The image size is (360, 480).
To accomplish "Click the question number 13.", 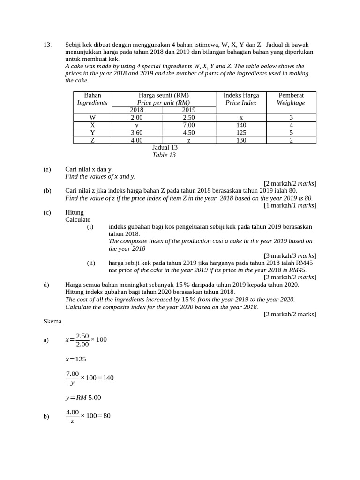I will pyautogui.click(x=47, y=45).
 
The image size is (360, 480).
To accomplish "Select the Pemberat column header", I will pyautogui.click(x=291, y=95).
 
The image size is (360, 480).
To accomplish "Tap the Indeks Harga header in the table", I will pyautogui.click(x=241, y=95).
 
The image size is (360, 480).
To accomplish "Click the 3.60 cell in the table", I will pyautogui.click(x=136, y=133).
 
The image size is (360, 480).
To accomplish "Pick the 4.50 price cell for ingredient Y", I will pyautogui.click(x=188, y=133).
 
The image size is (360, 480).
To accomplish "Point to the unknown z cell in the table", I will pyautogui.click(x=188, y=140).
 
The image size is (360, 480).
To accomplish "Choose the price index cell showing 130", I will pyautogui.click(x=241, y=140).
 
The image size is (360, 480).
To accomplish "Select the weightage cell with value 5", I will pyautogui.click(x=291, y=133).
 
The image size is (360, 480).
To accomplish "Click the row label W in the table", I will pyautogui.click(x=92, y=118).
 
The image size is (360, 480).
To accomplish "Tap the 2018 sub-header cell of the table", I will pyautogui.click(x=136, y=110).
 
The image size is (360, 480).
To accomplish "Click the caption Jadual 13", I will pyautogui.click(x=165, y=147).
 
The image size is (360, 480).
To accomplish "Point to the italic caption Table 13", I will pyautogui.click(x=164, y=155).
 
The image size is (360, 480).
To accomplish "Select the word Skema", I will pyautogui.click(x=52, y=321).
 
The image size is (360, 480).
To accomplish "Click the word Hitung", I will pyautogui.click(x=75, y=212).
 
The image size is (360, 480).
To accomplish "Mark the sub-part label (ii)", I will pyautogui.click(x=91, y=263).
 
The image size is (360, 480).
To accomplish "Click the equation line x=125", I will pyautogui.click(x=75, y=359).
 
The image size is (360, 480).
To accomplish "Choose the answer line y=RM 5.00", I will pyautogui.click(x=83, y=397).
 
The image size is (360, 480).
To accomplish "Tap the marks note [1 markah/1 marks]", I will pyautogui.click(x=290, y=205).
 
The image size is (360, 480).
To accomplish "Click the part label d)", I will pyautogui.click(x=46, y=285).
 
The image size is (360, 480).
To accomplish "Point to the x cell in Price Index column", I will pyautogui.click(x=241, y=118).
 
